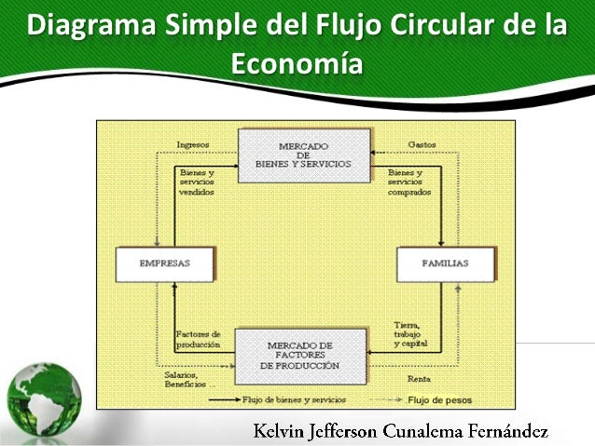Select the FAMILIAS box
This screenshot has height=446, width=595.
coord(444,264)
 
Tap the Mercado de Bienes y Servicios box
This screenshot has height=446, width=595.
coord(303,155)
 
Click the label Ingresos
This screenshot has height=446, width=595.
coord(193,144)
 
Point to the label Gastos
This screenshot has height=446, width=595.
coord(421,144)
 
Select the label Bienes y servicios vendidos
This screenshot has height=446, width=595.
coord(198,182)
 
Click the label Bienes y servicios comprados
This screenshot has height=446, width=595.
coord(409,182)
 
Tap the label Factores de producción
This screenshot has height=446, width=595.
coord(198,339)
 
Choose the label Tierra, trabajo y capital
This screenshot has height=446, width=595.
coord(411,333)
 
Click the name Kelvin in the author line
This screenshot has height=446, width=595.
coord(281,431)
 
